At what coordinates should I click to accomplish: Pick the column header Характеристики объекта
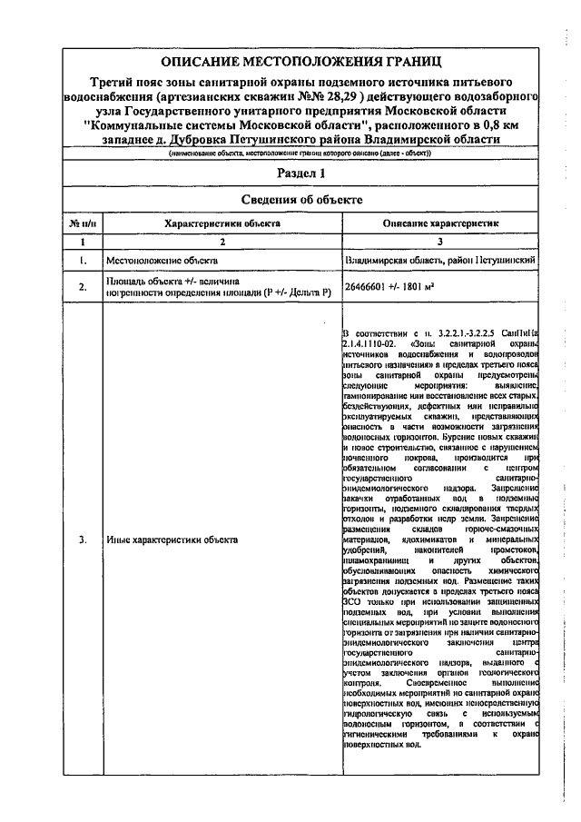click(222, 223)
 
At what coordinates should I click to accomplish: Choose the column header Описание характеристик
click(441, 223)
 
